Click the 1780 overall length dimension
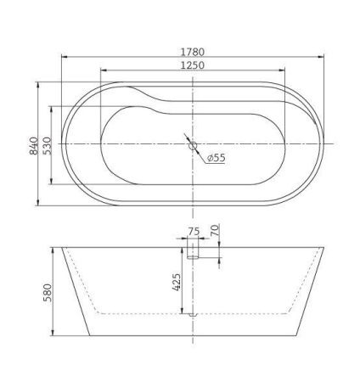pyautogui.click(x=194, y=50)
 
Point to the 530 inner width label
pyautogui.click(x=48, y=143)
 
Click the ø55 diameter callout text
pyautogui.click(x=216, y=158)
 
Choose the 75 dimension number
pyautogui.click(x=194, y=230)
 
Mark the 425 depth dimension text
pyautogui.click(x=177, y=282)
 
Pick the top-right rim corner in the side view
pyautogui.click(x=328, y=248)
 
